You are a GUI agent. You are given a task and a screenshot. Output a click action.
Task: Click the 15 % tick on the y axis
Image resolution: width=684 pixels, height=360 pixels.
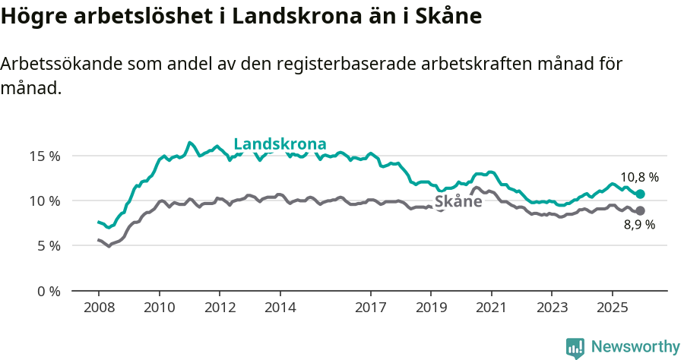45,156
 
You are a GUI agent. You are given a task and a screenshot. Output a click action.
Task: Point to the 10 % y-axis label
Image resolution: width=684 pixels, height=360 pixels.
45,201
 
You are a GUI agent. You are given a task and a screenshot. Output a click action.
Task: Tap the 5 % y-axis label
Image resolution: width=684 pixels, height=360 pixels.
48,246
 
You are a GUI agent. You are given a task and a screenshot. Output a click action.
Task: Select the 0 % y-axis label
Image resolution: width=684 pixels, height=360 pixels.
48,291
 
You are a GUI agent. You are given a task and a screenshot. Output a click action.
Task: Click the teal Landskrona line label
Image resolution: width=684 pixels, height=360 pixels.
280,144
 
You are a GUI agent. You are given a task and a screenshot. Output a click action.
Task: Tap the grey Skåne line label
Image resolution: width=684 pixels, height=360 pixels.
458,201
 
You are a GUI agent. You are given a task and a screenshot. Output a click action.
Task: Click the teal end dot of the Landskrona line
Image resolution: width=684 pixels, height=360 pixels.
640,194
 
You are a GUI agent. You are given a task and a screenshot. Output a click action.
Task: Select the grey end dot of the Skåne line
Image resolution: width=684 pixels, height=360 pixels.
640,210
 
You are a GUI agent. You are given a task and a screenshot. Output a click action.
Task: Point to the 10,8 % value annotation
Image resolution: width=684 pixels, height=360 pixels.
639,177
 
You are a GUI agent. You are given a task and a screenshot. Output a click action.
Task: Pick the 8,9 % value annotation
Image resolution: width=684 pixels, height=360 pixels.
639,225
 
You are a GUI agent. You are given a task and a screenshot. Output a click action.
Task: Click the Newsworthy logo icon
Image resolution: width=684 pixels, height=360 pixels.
575,348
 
